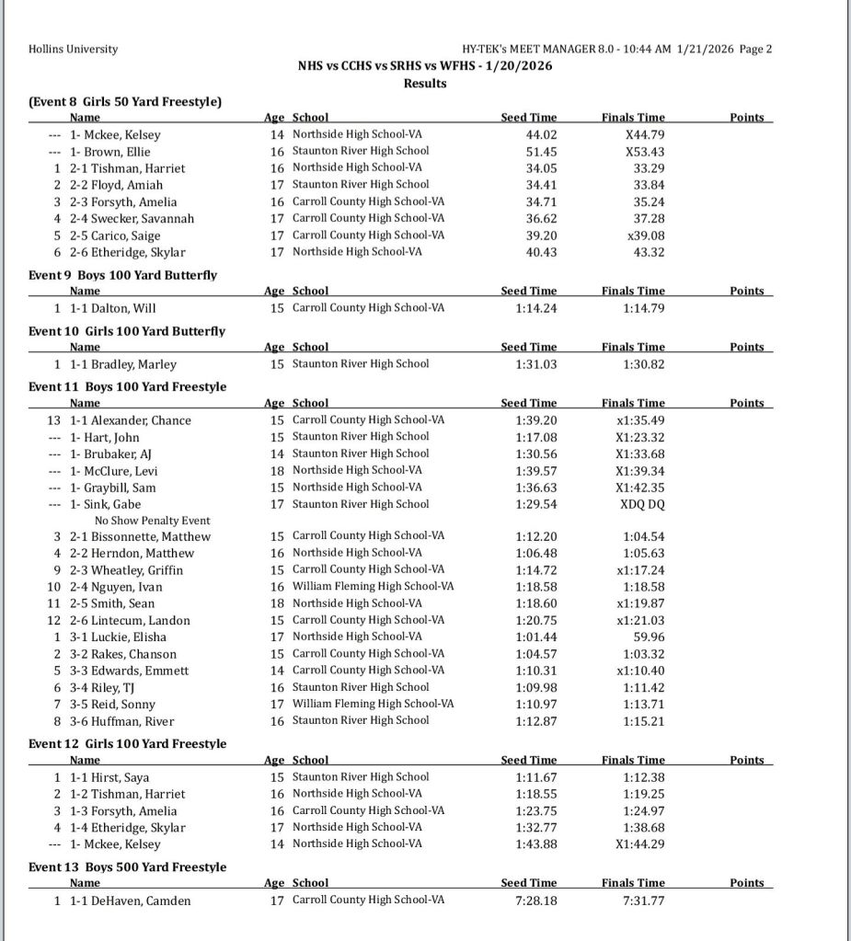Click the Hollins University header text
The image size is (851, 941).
tap(74, 49)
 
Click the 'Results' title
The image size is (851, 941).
tap(425, 83)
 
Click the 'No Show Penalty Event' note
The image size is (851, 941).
tap(152, 521)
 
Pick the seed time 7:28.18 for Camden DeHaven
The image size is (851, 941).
tap(536, 901)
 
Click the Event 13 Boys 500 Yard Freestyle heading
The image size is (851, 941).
tap(127, 867)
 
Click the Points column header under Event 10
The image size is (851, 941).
tap(746, 347)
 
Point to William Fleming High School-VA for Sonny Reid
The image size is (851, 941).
tap(373, 704)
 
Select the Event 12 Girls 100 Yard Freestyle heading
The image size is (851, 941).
tap(127, 743)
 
